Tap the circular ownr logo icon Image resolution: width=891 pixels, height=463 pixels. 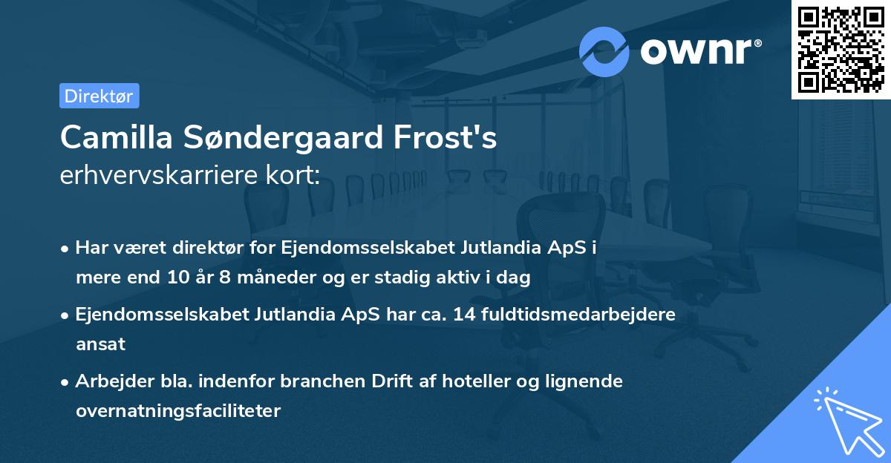click(x=604, y=51)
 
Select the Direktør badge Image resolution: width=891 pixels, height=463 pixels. click(x=99, y=96)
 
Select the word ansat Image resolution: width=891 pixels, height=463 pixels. click(x=100, y=344)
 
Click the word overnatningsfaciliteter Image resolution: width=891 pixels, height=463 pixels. click(x=178, y=411)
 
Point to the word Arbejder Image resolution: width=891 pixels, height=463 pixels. click(x=110, y=381)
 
